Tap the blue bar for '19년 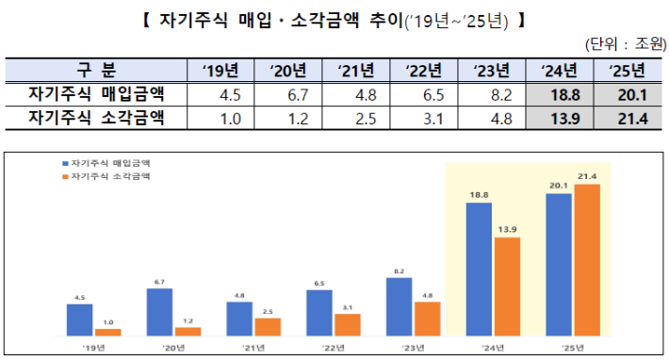pyautogui.click(x=80, y=319)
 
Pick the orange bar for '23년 pyautogui.click(x=427, y=319)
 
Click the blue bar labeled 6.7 pyautogui.click(x=160, y=312)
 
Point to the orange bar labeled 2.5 pyautogui.click(x=268, y=326)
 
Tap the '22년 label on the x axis pyautogui.click(x=333, y=348)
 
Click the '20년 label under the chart pyautogui.click(x=173, y=348)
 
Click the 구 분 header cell pyautogui.click(x=96, y=70)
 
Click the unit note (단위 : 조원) pyautogui.click(x=626, y=43)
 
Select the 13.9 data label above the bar pyautogui.click(x=507, y=230)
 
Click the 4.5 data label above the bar pyautogui.click(x=80, y=297)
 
